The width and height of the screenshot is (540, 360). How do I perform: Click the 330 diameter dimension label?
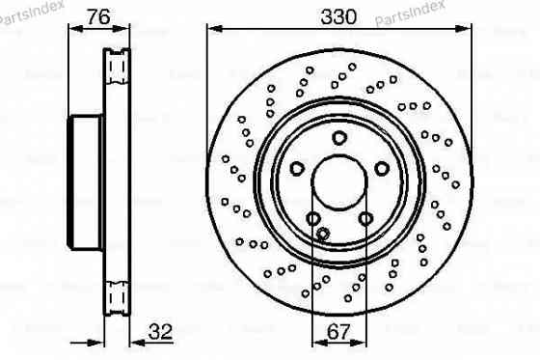[338, 16]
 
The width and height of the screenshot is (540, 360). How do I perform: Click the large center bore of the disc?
[338, 181]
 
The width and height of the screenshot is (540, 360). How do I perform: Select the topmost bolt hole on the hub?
[338, 138]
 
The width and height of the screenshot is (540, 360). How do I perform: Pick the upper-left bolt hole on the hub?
[296, 169]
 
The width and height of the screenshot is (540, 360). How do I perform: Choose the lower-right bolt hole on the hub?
[364, 219]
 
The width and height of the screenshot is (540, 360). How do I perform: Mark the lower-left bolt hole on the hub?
[312, 219]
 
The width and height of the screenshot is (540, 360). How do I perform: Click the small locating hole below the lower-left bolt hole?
[323, 233]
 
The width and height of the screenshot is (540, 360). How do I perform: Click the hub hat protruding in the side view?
[85, 180]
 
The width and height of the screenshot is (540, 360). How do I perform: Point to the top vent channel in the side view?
[117, 66]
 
